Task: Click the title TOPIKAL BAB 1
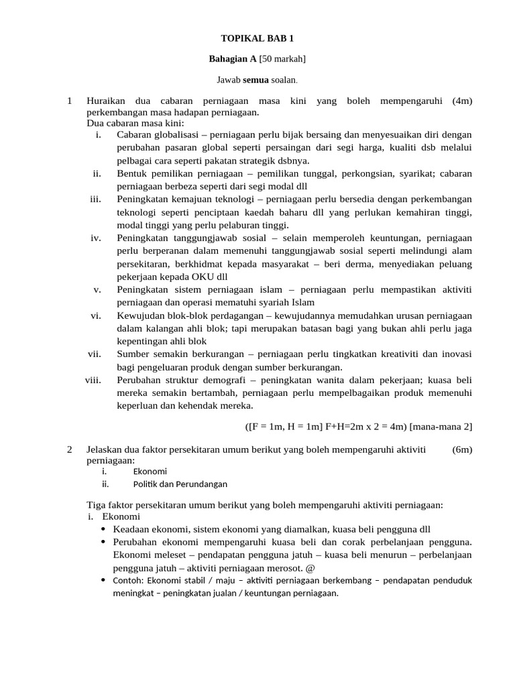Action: (x=257, y=40)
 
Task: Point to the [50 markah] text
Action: (x=282, y=59)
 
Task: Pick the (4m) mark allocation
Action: (x=462, y=101)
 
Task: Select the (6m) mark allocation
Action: (x=462, y=450)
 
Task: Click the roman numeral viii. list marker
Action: (x=93, y=380)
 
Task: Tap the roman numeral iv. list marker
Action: (x=95, y=238)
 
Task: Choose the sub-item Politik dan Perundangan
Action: (x=180, y=484)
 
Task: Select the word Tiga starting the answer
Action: (x=97, y=504)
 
